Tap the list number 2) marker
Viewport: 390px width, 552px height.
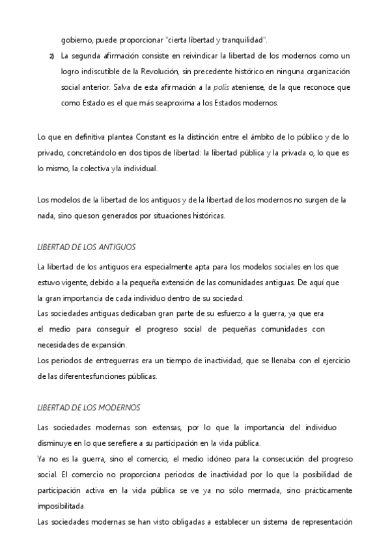click(51, 57)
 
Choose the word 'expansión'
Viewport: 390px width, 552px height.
click(107, 344)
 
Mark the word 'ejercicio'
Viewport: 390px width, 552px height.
click(333, 359)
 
